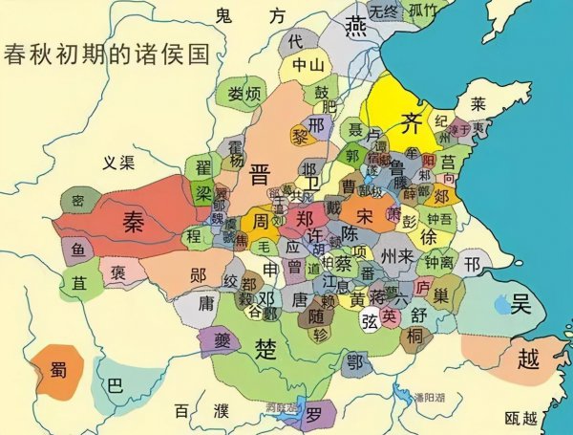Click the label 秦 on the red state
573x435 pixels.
pyautogui.click(x=131, y=219)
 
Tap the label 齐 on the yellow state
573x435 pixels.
pyautogui.click(x=411, y=121)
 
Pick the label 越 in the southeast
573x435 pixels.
pyautogui.click(x=525, y=359)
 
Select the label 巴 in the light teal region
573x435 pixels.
pyautogui.click(x=115, y=386)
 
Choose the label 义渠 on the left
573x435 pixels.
pyautogui.click(x=122, y=163)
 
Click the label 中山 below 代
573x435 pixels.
pyautogui.click(x=308, y=65)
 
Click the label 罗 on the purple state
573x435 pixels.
pyautogui.click(x=314, y=412)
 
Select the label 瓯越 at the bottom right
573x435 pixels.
pyautogui.click(x=528, y=418)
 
